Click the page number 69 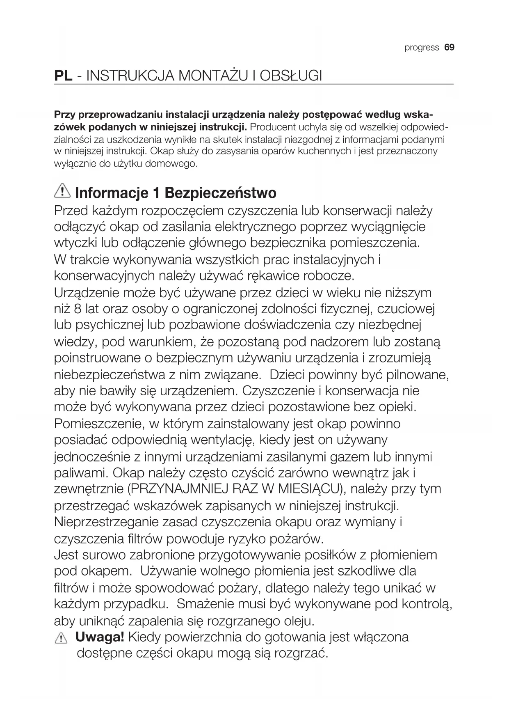pyautogui.click(x=450, y=48)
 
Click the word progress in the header pyautogui.click(x=422, y=48)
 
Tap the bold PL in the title pyautogui.click(x=64, y=76)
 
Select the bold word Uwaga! pyautogui.click(x=100, y=637)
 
